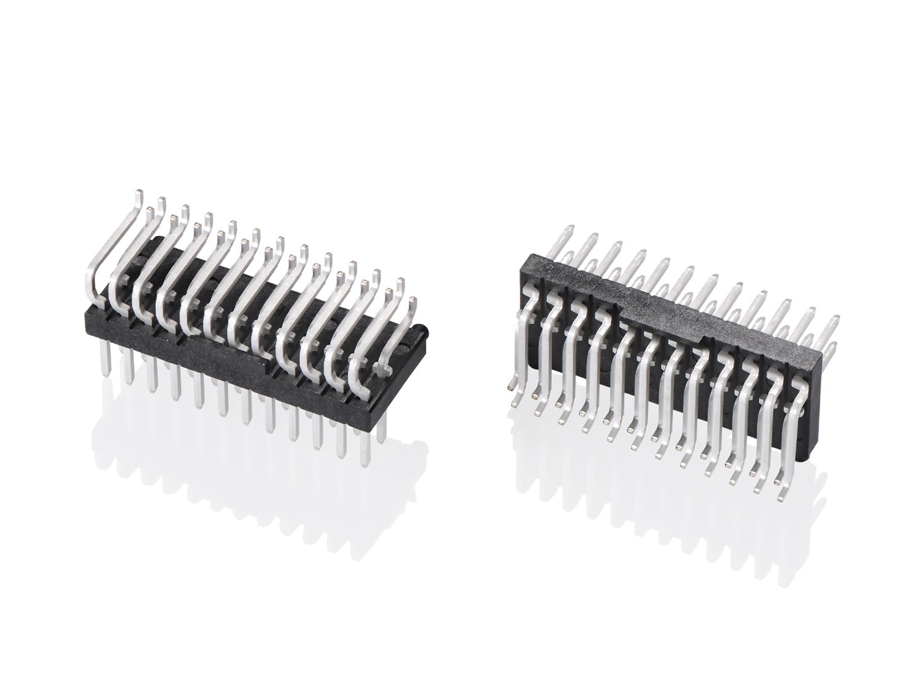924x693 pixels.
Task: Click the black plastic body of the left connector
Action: pos(240,357)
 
